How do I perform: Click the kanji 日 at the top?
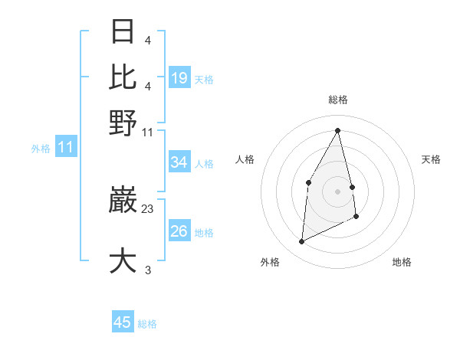pyautogui.click(x=123, y=31)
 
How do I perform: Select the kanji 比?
pyautogui.click(x=123, y=77)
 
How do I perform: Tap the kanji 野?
pyautogui.click(x=123, y=123)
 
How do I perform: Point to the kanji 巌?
pyautogui.click(x=123, y=201)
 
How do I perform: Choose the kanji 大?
pyautogui.click(x=123, y=260)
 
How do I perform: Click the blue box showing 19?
pyautogui.click(x=179, y=78)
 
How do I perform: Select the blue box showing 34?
pyautogui.click(x=179, y=162)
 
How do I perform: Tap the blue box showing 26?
pyautogui.click(x=179, y=231)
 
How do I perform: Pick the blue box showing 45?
pyautogui.click(x=123, y=322)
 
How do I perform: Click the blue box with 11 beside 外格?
pyautogui.click(x=65, y=147)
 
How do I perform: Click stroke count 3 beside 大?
pyautogui.click(x=148, y=270)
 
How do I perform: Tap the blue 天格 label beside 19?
pyautogui.click(x=204, y=79)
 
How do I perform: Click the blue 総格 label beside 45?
pyautogui.click(x=147, y=324)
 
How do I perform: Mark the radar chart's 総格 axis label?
pyautogui.click(x=337, y=100)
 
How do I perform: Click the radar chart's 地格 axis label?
pyautogui.click(x=402, y=262)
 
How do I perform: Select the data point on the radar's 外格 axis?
pyautogui.click(x=301, y=242)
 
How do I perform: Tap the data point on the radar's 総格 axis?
pyautogui.click(x=337, y=130)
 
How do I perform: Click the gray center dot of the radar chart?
pyautogui.click(x=337, y=191)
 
